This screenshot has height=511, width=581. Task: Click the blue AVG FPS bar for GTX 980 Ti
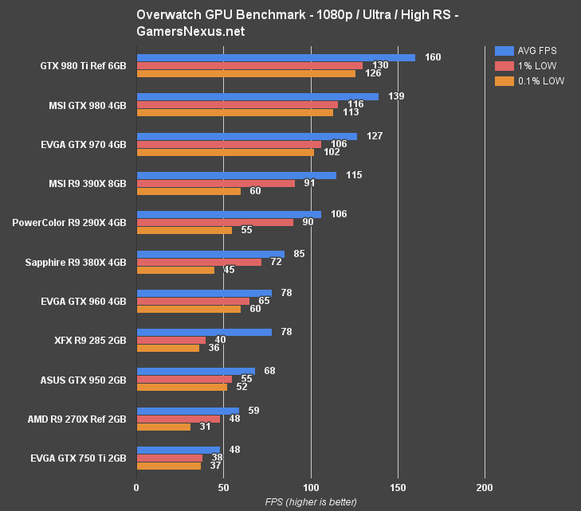[x=275, y=57]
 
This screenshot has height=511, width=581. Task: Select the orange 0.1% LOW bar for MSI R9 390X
[x=188, y=191]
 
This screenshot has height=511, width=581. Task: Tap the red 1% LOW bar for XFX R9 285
[x=171, y=340]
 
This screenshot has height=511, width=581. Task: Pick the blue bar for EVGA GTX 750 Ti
[x=178, y=450]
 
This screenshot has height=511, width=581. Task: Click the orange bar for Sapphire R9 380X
[x=175, y=270]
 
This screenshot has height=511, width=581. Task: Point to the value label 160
[x=433, y=57]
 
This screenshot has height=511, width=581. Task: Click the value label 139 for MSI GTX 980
[x=396, y=96]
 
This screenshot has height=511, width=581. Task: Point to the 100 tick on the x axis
[x=311, y=487]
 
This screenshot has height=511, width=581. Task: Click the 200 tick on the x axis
[x=485, y=487]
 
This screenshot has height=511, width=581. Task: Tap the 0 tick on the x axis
[x=137, y=487]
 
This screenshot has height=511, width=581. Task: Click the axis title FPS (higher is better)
[x=311, y=502]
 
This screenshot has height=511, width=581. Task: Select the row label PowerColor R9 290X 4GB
[x=69, y=223]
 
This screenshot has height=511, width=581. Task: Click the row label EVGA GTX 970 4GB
[x=84, y=144]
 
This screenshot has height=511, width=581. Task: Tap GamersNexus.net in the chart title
[x=190, y=31]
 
